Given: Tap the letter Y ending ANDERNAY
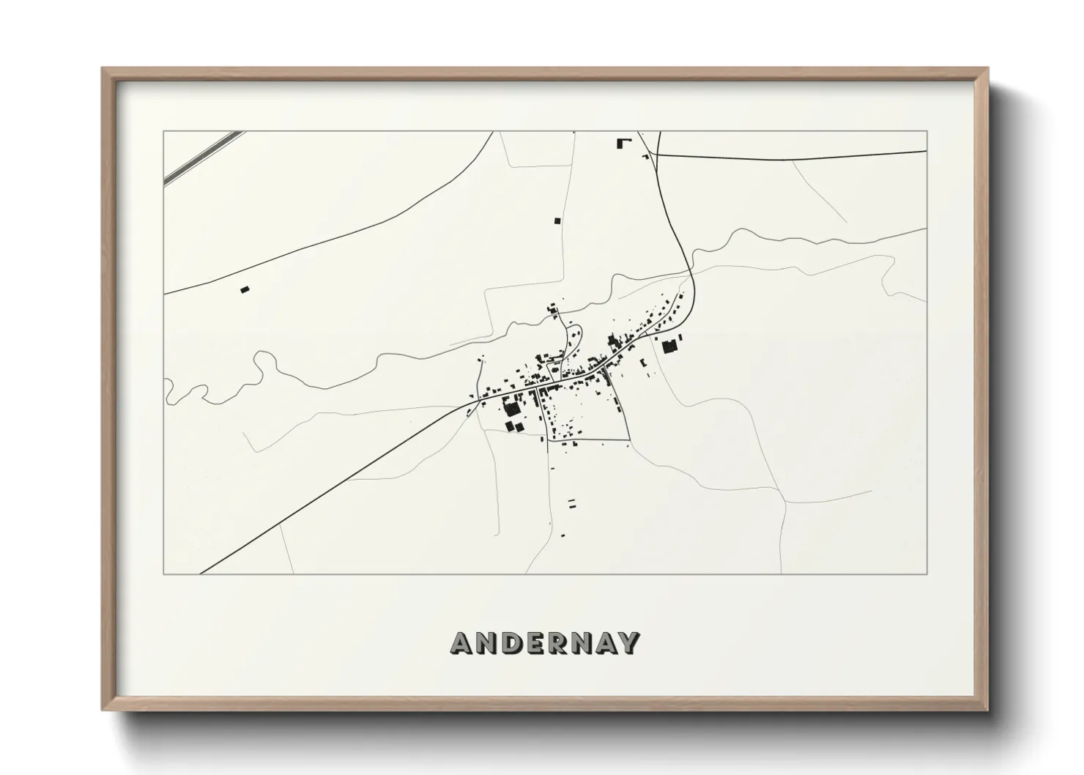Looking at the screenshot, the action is (628, 643).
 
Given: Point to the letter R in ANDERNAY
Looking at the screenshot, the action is (559, 643).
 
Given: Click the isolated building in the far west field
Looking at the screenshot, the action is (245, 290).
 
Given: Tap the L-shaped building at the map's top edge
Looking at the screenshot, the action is (623, 143).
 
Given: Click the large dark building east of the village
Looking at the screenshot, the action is (669, 346).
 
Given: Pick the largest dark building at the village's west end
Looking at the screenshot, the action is (511, 407).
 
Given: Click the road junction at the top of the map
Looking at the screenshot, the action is (657, 155).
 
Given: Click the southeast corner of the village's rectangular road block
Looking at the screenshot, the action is (629, 440).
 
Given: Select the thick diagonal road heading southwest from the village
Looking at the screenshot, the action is (337, 487).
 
